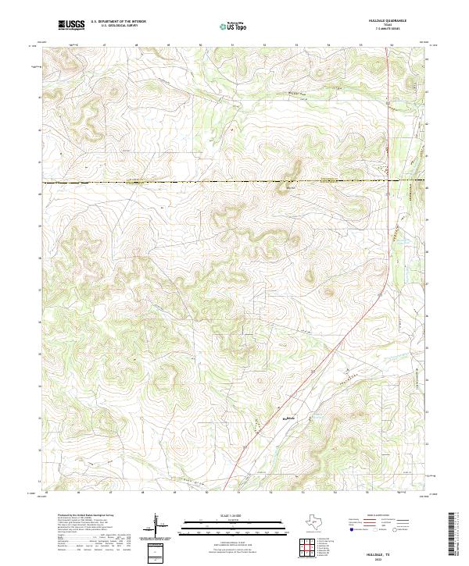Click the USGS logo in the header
coord(72,25)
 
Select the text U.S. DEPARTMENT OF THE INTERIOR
coord(118,22)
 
